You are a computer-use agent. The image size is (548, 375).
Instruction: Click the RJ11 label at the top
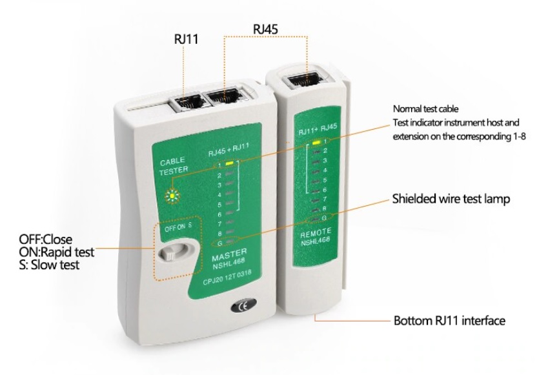(186, 39)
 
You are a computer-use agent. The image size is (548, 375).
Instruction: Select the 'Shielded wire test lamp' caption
(451, 199)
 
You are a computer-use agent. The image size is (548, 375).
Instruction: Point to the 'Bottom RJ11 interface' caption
(449, 320)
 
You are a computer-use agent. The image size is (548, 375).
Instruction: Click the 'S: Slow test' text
(50, 265)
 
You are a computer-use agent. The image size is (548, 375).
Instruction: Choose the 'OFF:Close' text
(45, 239)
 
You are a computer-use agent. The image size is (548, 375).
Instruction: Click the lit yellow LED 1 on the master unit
(229, 163)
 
